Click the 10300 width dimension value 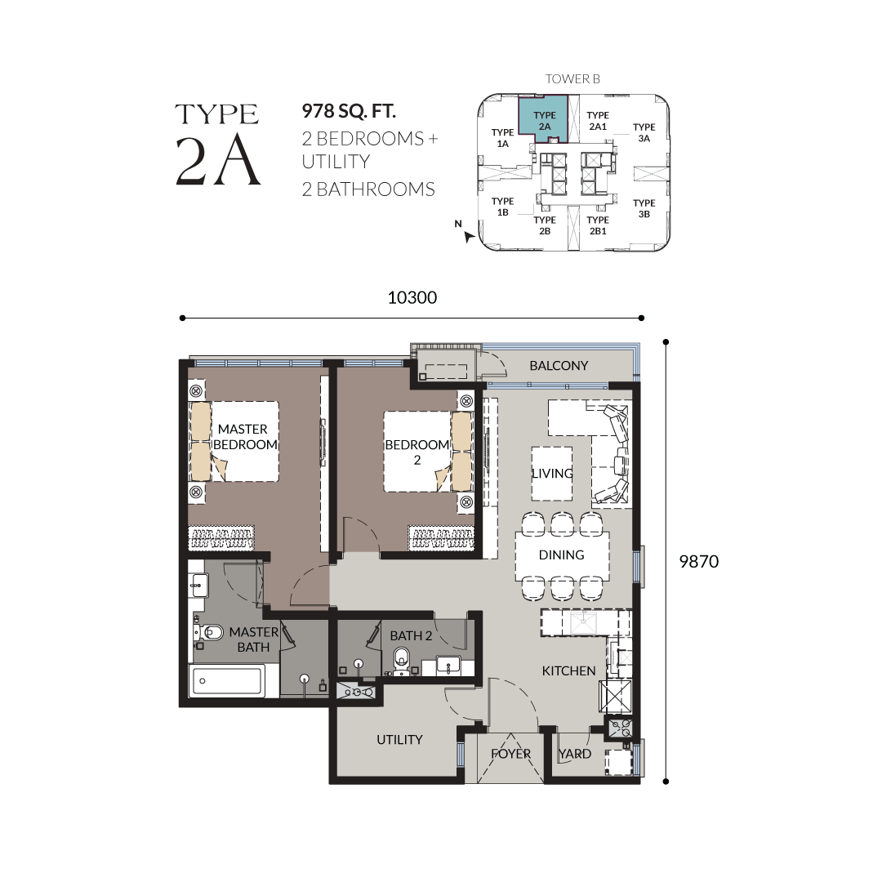pos(412,297)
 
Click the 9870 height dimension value pos(698,561)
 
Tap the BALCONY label pos(559,366)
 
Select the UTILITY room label pos(399,740)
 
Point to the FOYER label pos(510,754)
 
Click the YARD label pos(575,754)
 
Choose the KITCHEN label pos(568,670)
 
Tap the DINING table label pos(561,555)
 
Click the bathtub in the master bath pos(227,680)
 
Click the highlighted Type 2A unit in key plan pos(543,117)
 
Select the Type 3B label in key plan pos(644,208)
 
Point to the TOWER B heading pos(572,78)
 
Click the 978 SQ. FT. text pos(349,111)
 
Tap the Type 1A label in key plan pos(502,138)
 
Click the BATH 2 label pos(411,635)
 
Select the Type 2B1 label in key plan pos(597,225)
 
